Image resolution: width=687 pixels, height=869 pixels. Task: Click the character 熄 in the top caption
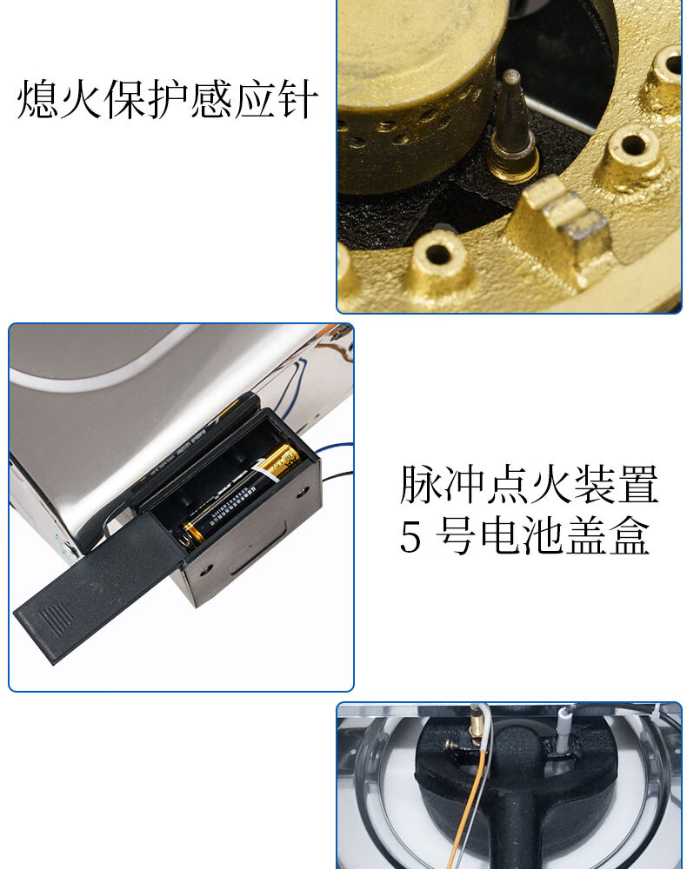37,101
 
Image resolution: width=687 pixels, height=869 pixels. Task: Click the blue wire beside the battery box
335,450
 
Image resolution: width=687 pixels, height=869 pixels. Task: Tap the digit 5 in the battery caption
410,538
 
